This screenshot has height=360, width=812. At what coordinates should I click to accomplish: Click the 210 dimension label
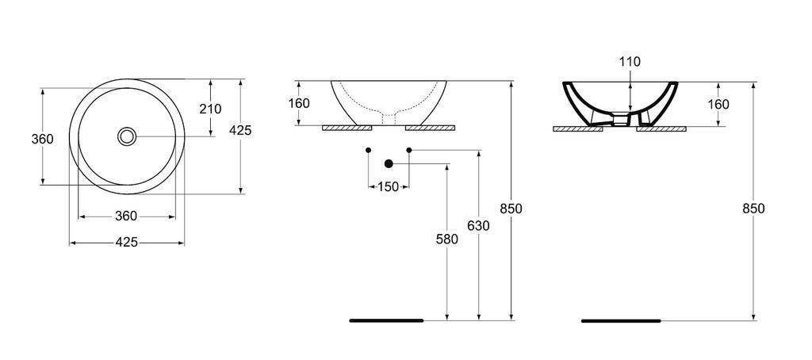[210, 109]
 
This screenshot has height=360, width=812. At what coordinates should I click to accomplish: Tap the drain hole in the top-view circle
[127, 136]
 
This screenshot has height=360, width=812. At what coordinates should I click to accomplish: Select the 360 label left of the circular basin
[42, 140]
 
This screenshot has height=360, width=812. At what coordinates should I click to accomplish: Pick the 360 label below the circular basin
[127, 216]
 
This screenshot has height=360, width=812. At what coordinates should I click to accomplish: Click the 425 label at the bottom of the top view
[127, 243]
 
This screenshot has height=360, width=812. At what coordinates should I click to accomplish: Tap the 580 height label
[447, 239]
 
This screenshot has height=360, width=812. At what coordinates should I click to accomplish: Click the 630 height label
[478, 226]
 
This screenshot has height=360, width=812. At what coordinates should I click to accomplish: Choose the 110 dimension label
[630, 62]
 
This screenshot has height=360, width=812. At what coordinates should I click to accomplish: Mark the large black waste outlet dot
[389, 164]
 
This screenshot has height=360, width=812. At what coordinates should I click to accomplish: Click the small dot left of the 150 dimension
[369, 150]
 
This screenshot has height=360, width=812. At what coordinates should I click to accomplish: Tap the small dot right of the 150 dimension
[409, 150]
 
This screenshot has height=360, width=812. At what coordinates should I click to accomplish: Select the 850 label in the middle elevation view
[511, 209]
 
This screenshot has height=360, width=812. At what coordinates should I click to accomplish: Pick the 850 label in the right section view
[753, 209]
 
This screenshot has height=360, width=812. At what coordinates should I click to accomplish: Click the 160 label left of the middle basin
[299, 103]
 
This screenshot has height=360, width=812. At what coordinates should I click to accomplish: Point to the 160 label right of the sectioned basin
[718, 104]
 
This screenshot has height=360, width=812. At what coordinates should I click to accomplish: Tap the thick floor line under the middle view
[386, 321]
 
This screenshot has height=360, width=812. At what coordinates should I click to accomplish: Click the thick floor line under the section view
[621, 321]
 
